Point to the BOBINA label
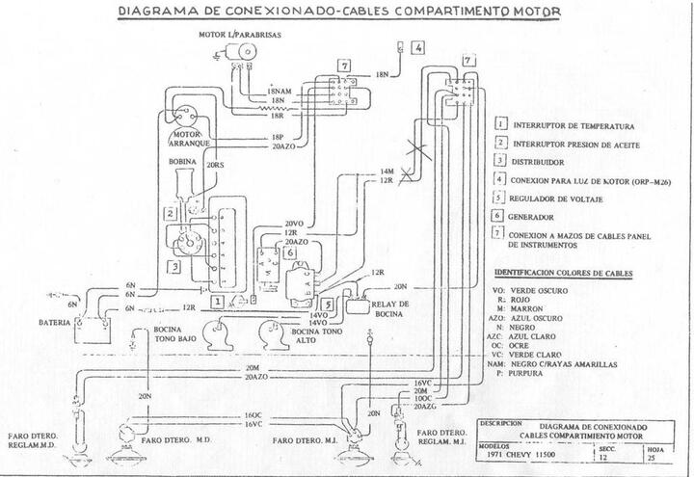pos(182,162)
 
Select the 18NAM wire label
pos(280,91)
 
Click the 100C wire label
pos(422,397)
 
